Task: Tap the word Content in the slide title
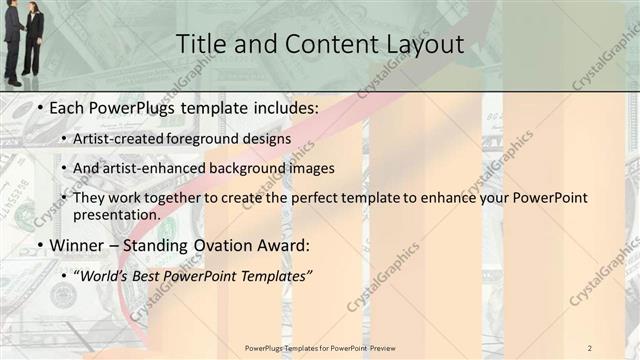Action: (x=321, y=44)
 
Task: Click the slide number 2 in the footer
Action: (x=590, y=347)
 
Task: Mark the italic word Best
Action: (x=159, y=273)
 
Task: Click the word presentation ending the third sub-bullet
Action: (x=116, y=214)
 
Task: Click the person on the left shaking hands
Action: (x=12, y=40)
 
